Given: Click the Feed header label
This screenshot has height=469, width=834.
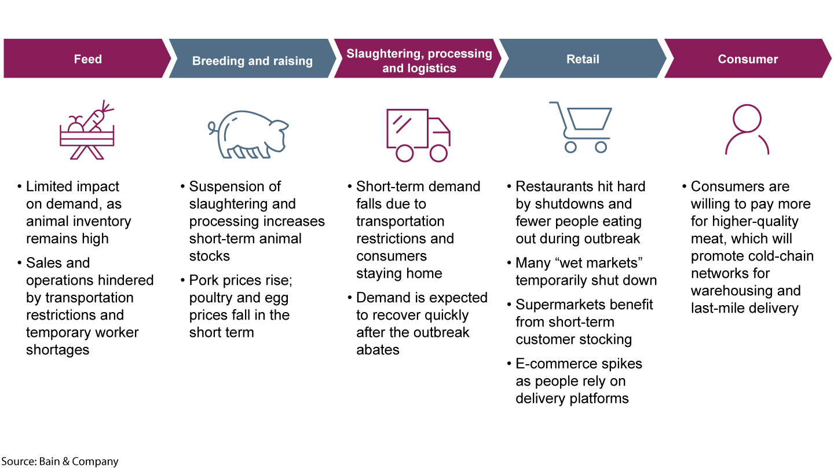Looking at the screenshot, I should [87, 59].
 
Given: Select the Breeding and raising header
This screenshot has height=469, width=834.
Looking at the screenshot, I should [252, 61].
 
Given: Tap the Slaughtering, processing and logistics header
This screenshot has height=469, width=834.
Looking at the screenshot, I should [419, 61].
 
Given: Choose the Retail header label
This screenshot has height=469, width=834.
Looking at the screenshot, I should [583, 59].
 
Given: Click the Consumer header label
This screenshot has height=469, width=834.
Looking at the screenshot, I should [748, 59].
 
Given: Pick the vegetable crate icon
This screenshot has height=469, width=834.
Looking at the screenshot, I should [87, 131].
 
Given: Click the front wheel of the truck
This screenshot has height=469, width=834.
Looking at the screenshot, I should [438, 153].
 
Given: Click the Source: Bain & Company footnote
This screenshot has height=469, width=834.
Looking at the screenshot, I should [60, 461].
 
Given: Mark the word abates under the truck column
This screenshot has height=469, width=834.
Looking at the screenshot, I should [378, 350].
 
